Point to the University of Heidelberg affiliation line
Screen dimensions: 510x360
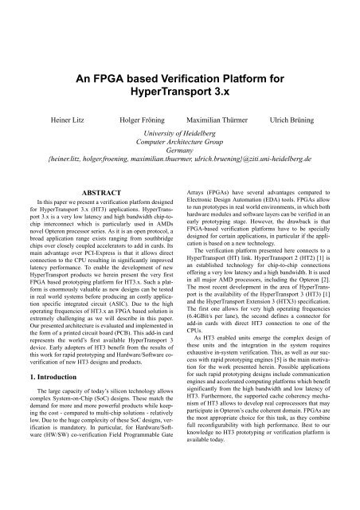click(180, 135)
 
